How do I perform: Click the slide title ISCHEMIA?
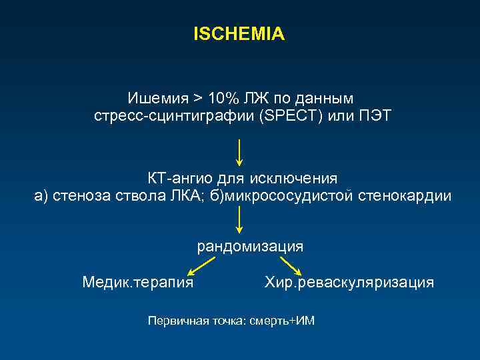239,34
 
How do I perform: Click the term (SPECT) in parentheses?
291,117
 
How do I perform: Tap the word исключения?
294,179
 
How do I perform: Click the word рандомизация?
250,247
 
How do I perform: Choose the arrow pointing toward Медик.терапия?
201,266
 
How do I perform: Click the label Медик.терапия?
138,283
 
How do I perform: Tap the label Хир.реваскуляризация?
349,283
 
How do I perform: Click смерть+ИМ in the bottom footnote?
280,321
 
